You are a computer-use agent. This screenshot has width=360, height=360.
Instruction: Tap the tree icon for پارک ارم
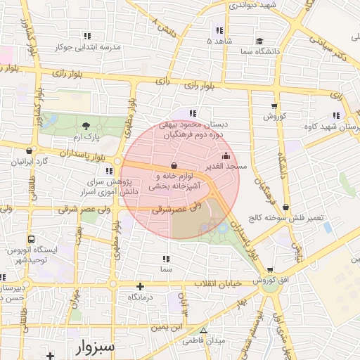(86, 126)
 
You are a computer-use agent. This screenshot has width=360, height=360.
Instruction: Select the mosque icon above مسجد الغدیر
(226, 155)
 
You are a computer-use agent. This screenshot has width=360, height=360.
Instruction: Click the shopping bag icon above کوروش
(274, 105)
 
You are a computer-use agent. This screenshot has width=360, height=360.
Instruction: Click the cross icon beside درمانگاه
(141, 286)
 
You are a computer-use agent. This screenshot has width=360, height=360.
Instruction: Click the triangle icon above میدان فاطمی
(204, 330)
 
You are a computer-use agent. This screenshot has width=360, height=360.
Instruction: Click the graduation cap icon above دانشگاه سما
(259, 41)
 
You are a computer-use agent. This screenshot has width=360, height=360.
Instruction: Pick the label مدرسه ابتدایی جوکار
(86, 46)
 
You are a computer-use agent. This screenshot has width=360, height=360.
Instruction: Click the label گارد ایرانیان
(28, 161)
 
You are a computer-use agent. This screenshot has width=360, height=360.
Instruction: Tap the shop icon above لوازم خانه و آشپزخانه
(174, 166)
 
